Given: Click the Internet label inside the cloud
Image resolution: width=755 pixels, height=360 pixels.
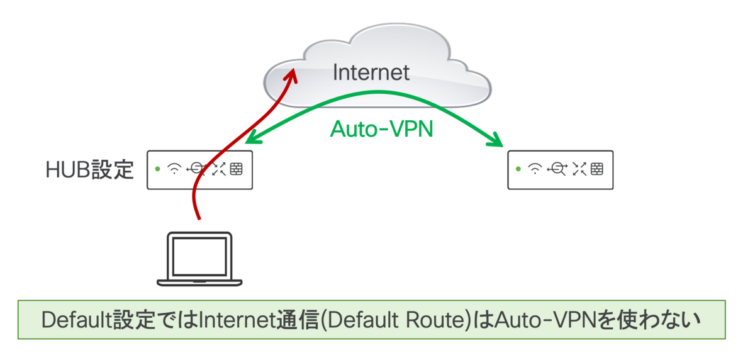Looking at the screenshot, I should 371,72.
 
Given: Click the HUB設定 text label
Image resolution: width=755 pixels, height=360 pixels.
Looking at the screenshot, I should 90,169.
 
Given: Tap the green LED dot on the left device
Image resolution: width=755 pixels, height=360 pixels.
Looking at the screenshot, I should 157,169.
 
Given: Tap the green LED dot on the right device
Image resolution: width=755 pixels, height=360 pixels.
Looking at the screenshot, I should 518,169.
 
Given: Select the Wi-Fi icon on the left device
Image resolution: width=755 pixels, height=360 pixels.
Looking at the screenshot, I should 176,169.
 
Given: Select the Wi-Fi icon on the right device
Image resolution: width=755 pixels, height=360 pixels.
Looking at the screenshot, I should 535,169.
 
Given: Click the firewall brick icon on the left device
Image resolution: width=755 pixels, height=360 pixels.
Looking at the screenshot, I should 237,169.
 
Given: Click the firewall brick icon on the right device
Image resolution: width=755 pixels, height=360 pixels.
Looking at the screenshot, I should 596,169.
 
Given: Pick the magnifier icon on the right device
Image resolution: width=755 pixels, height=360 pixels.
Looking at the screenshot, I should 556,169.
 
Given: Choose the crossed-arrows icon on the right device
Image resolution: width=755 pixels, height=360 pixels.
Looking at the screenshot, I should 578,169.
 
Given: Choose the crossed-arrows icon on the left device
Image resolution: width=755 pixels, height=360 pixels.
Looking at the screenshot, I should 218,169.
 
